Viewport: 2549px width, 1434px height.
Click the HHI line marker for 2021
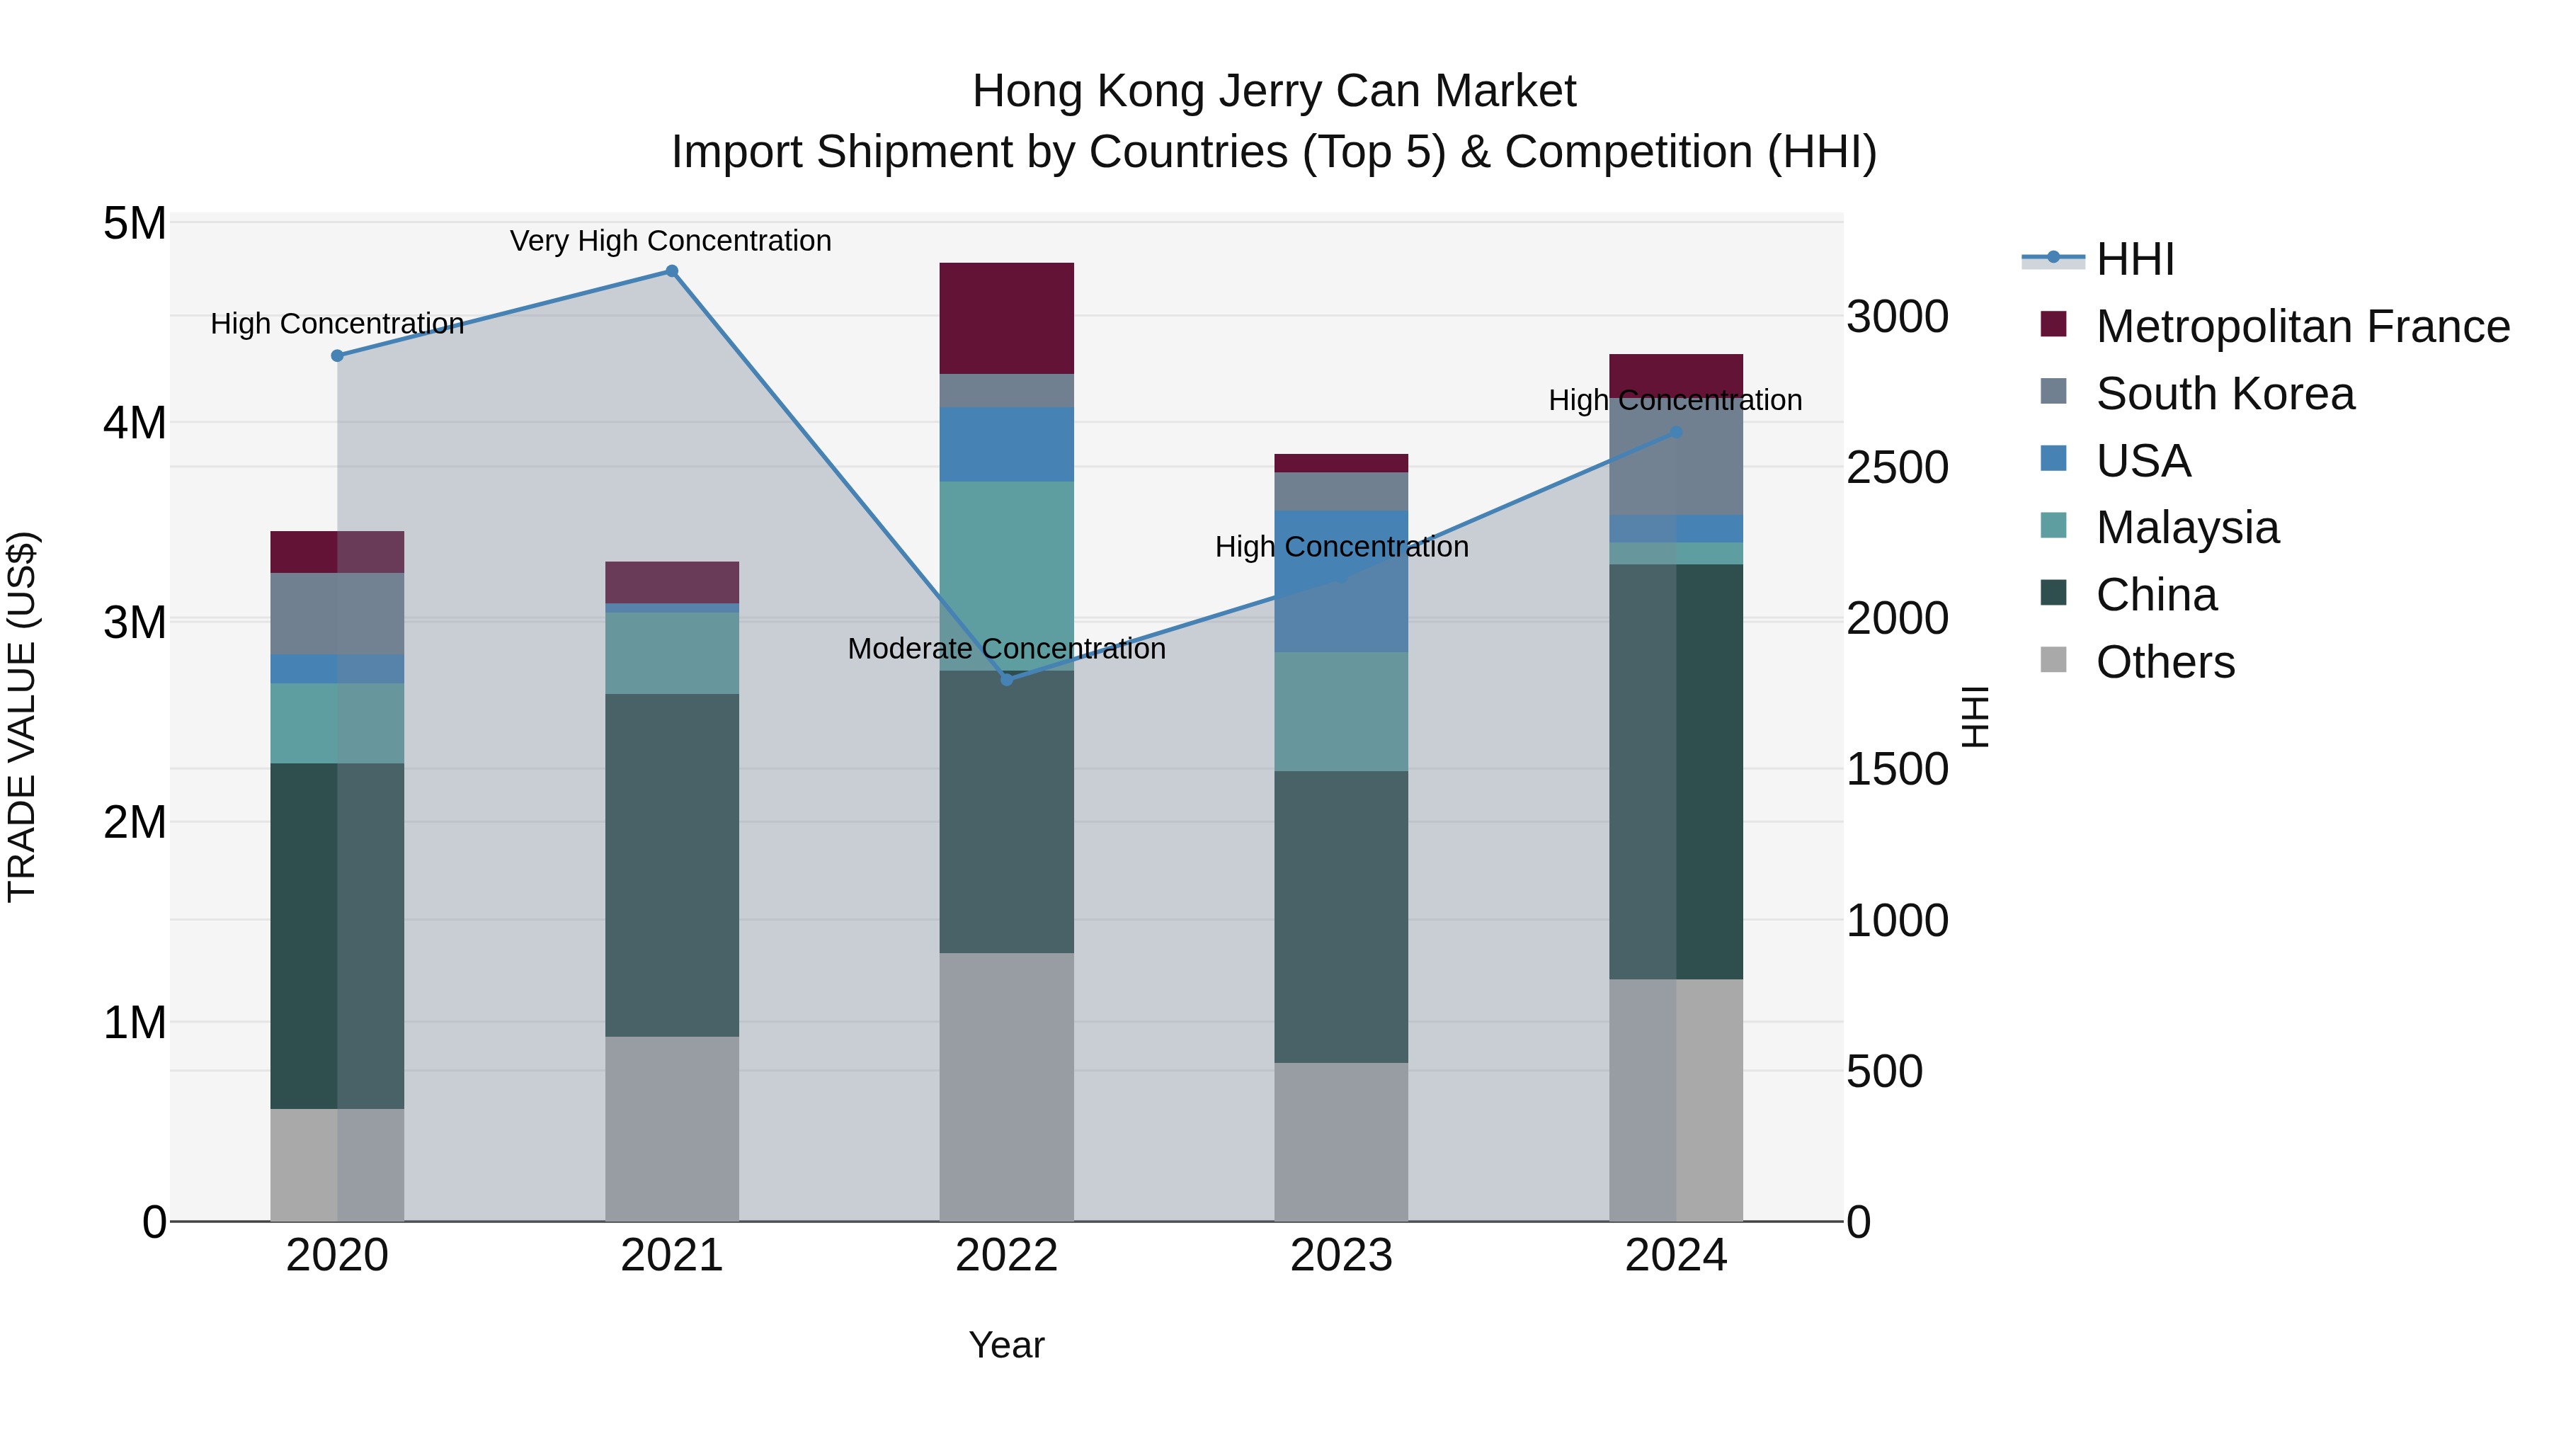pos(671,271)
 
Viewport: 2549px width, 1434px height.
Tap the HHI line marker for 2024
pos(1675,433)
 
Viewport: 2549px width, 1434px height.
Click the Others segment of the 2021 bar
pos(671,1128)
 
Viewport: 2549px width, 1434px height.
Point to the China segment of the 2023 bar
pos(1341,916)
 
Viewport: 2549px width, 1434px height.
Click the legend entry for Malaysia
pos(2187,528)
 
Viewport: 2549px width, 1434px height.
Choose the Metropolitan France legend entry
pos(2302,326)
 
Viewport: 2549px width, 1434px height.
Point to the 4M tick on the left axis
pos(135,423)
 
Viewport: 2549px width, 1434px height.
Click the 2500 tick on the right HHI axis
pos(1897,468)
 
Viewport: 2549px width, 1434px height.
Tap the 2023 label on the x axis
pos(1341,1256)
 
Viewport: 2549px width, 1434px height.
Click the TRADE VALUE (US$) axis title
pos(22,717)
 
